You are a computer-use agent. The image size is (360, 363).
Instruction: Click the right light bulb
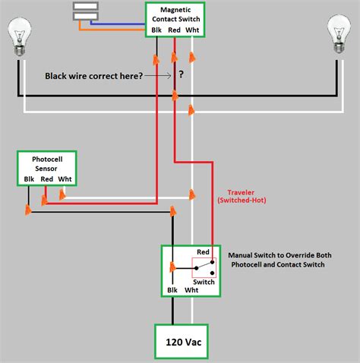click(x=338, y=36)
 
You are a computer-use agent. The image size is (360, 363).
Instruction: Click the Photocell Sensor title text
click(x=46, y=164)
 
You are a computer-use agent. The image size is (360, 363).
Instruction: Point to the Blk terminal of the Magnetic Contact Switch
click(x=156, y=30)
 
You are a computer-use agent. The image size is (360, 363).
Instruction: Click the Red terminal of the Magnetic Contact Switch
click(x=174, y=30)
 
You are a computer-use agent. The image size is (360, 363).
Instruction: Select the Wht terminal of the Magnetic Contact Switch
click(x=193, y=30)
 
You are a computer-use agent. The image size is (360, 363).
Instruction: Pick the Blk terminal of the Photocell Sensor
click(x=29, y=179)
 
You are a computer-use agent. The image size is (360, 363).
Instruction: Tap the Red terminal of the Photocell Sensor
click(x=46, y=179)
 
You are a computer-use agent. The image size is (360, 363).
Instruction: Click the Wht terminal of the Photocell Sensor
click(x=65, y=179)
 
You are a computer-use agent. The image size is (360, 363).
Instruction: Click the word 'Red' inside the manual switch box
click(x=203, y=251)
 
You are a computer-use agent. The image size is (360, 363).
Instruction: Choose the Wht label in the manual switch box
click(x=192, y=290)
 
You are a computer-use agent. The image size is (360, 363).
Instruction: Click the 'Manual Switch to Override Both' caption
click(x=276, y=255)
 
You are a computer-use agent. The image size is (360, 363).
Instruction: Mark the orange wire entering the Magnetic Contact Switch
click(x=114, y=32)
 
